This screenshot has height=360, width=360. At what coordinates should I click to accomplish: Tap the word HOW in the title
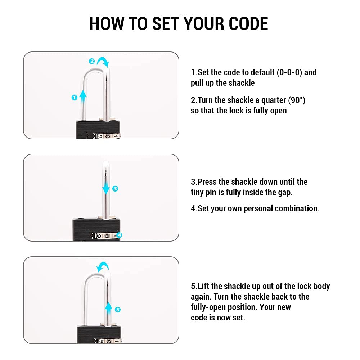(x=107, y=24)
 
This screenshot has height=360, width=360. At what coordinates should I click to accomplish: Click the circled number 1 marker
(x=75, y=98)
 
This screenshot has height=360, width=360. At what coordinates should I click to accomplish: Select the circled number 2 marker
(x=91, y=61)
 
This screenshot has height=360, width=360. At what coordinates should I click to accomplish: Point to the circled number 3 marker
(x=115, y=189)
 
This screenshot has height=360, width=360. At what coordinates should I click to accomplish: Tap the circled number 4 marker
(x=119, y=235)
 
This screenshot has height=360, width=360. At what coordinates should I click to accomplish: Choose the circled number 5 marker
(x=118, y=310)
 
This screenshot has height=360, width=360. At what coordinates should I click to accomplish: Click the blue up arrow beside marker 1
(x=83, y=96)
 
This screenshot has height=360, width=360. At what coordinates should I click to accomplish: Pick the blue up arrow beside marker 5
(x=108, y=309)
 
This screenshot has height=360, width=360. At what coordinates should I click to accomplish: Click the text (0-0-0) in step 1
(x=289, y=72)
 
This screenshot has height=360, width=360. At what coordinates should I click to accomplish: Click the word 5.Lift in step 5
(x=200, y=286)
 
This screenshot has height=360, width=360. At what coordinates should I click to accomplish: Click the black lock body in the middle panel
(x=96, y=229)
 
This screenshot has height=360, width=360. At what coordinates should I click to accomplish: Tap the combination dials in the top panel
(x=107, y=136)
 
